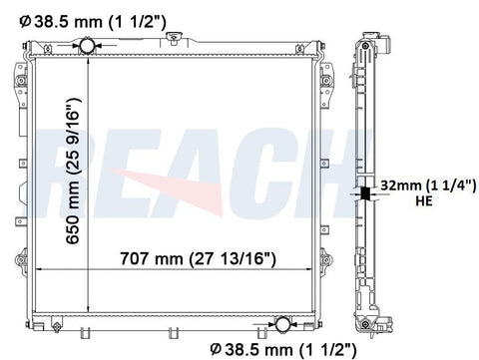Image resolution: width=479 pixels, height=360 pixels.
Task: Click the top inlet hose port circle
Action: [87, 45]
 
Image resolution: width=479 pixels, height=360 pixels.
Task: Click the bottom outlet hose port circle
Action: [283, 324]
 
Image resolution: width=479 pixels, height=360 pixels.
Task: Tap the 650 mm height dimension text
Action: [73, 172]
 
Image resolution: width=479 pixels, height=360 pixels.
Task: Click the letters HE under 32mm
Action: [424, 200]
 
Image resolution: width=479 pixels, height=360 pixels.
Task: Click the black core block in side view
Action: [365, 193]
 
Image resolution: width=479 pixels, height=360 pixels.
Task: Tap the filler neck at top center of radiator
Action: [173, 38]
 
